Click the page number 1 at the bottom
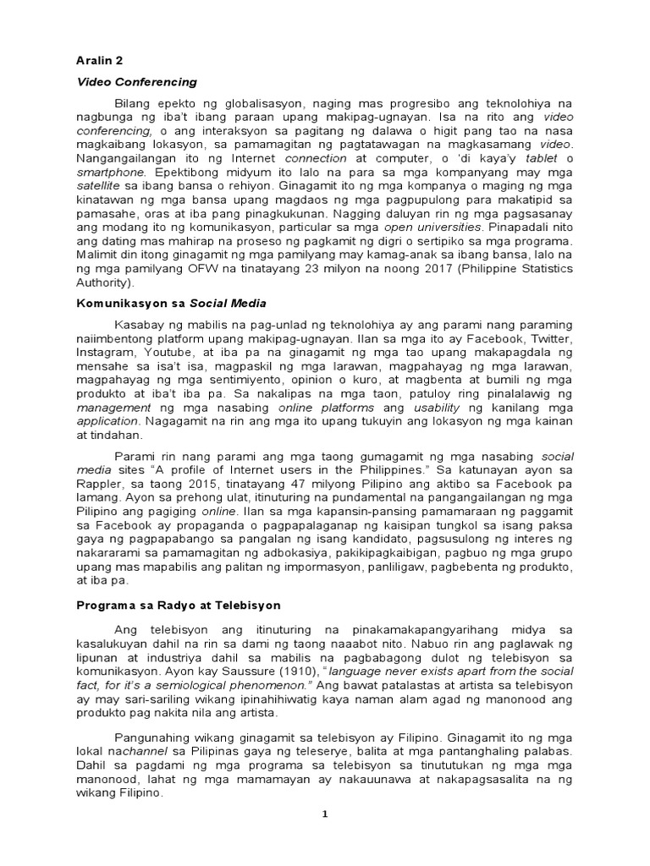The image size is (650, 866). tap(324, 814)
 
